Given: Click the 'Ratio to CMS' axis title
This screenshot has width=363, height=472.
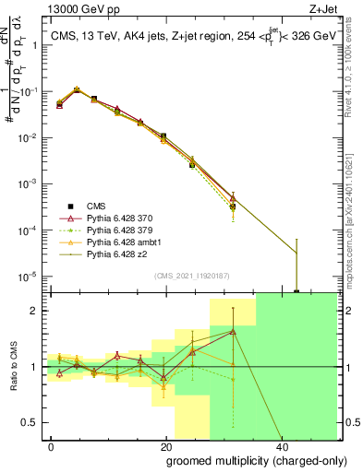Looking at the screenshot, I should pyautogui.click(x=13, y=367).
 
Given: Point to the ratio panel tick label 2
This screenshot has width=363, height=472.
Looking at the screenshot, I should pyautogui.click(x=35, y=311).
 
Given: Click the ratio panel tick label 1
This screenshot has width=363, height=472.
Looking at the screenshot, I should pyautogui.click(x=35, y=367).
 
